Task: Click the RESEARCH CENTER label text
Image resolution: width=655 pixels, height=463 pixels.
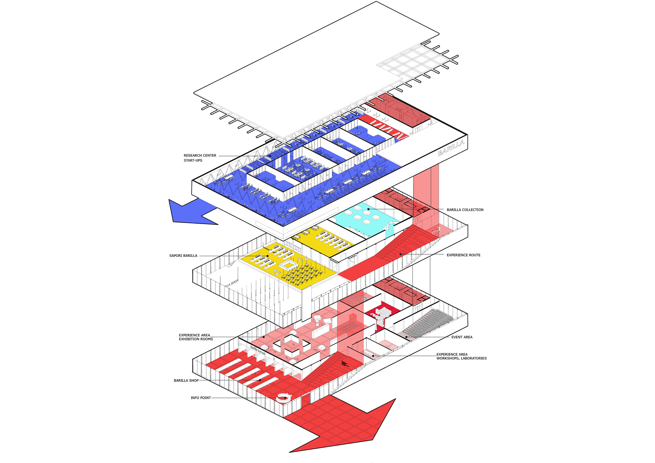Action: pos(200,155)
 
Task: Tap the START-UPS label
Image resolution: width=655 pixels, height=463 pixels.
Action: pos(193,161)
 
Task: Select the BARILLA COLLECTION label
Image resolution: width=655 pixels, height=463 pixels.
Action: pos(465,210)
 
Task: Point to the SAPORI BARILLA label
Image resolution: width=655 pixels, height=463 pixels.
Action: pos(183,256)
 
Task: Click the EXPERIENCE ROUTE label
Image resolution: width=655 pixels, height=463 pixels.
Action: pos(463,255)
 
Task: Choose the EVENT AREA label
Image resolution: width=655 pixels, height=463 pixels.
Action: pos(462,337)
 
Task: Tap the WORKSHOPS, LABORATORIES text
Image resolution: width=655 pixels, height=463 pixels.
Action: pos(462,358)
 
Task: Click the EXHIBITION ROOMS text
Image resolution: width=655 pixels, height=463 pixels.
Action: pos(196,339)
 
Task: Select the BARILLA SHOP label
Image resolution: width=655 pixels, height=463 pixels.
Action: pos(186,380)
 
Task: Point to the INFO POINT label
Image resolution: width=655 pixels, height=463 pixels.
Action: pos(201,398)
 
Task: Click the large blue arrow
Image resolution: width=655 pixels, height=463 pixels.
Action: pos(190,213)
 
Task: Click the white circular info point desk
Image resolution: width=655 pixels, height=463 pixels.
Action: pos(283,397)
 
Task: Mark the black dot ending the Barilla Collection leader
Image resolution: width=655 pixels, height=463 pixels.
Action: pos(368,209)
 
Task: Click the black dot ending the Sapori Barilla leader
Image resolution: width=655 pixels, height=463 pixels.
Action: pos(268,256)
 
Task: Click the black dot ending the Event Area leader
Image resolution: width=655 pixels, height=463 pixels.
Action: pos(407,337)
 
